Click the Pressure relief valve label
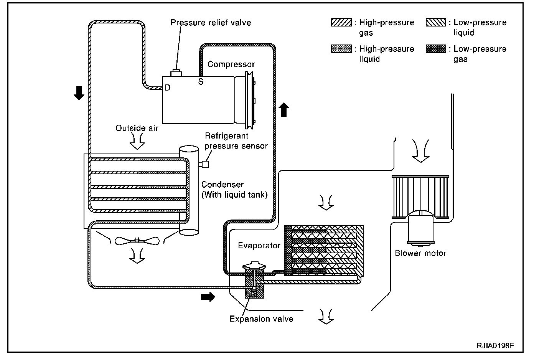click(x=211, y=23)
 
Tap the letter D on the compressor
click(x=167, y=88)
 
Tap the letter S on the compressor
click(x=200, y=81)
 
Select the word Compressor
click(x=231, y=64)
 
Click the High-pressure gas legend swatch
click(x=341, y=23)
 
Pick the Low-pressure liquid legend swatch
click(x=436, y=23)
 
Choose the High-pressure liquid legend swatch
click(x=341, y=49)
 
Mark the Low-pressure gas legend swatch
click(x=436, y=49)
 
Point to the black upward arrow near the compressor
click(x=283, y=109)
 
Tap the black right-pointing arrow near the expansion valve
click(x=208, y=297)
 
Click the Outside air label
click(x=137, y=128)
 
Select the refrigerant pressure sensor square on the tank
click(x=205, y=164)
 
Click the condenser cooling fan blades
click(x=137, y=241)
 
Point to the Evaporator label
click(x=259, y=246)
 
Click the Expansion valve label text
click(x=261, y=319)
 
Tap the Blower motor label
click(x=420, y=253)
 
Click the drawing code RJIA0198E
click(x=495, y=345)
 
